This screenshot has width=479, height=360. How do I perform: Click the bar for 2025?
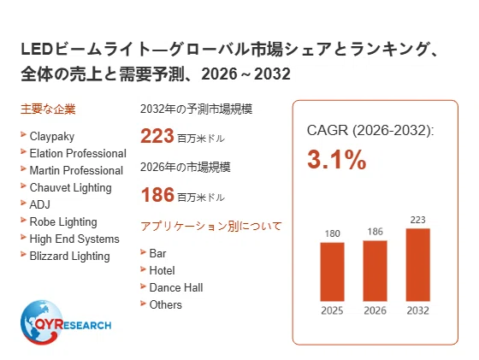click(332, 272)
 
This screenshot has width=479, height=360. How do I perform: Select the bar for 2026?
click(375, 271)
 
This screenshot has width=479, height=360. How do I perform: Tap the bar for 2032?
click(418, 265)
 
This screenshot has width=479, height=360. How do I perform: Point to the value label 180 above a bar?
click(332, 233)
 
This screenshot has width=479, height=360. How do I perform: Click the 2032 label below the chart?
click(418, 310)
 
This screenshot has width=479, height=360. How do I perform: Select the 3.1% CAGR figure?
click(337, 159)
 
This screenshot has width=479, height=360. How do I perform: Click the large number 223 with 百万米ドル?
click(182, 136)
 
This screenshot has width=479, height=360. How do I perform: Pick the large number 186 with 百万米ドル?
click(182, 195)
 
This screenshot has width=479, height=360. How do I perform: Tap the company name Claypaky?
click(52, 137)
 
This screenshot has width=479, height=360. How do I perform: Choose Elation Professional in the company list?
click(78, 153)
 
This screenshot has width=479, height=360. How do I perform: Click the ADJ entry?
click(39, 204)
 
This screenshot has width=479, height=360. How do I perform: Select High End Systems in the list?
click(74, 239)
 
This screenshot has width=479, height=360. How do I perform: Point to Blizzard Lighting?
click(69, 256)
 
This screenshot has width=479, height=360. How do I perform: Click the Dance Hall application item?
click(176, 287)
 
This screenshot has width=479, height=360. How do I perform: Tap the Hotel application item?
click(162, 270)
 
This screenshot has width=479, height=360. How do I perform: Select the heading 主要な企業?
click(48, 109)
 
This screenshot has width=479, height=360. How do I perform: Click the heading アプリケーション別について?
click(211, 227)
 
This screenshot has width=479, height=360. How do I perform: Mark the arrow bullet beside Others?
click(143, 304)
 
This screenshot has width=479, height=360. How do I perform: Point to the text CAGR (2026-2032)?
click(370, 130)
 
